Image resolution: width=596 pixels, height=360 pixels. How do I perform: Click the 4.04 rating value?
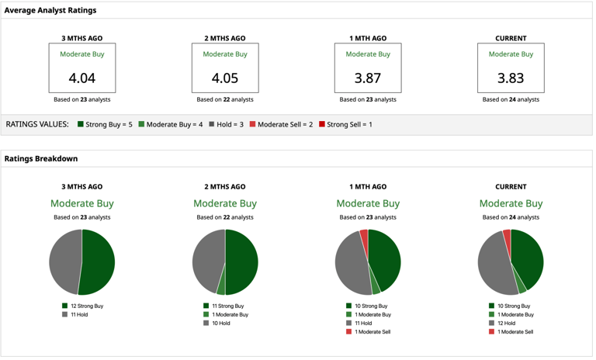pyautogui.click(x=81, y=78)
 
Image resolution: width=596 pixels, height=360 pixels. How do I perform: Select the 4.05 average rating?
pyautogui.click(x=224, y=78)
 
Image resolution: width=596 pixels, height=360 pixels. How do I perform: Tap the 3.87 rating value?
pyautogui.click(x=367, y=78)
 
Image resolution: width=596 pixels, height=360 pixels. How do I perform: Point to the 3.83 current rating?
pyautogui.click(x=510, y=78)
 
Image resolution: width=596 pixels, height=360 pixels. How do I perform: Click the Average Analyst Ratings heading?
pyautogui.click(x=50, y=10)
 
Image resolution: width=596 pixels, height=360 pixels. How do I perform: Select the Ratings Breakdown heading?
pyautogui.click(x=41, y=158)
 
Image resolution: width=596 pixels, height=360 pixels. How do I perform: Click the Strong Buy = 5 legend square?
pyautogui.click(x=80, y=124)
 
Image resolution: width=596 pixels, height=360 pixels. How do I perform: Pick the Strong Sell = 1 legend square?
pyautogui.click(x=321, y=124)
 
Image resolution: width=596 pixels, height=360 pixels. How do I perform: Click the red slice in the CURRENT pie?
pyautogui.click(x=507, y=234)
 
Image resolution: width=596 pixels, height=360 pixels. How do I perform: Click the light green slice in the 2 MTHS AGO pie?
pyautogui.click(x=221, y=286)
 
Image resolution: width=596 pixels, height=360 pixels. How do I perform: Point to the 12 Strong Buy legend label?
pyautogui.click(x=86, y=306)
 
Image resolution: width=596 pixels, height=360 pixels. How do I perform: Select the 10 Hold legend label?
pyautogui.click(x=221, y=324)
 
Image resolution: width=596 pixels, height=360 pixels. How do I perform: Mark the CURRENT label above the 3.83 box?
pyautogui.click(x=510, y=38)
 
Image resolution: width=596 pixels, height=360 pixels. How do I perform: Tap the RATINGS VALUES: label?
pyautogui.click(x=37, y=124)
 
